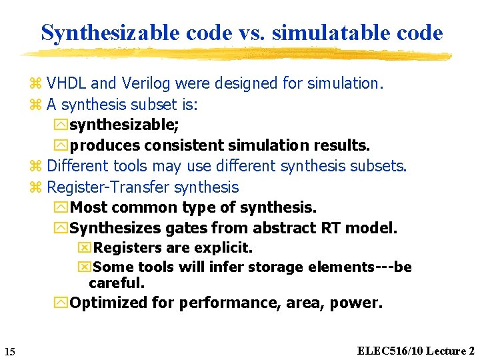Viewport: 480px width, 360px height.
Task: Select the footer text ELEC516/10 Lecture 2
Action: pyautogui.click(x=416, y=351)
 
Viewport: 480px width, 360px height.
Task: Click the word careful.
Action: pyautogui.click(x=117, y=283)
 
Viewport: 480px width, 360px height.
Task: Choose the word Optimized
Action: pyautogui.click(x=109, y=303)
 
